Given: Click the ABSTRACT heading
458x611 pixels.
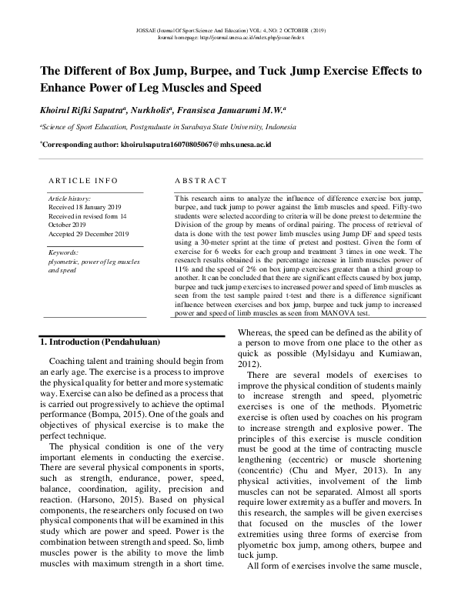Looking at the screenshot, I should click(199, 180).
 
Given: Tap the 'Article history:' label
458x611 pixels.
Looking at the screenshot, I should click(69, 199).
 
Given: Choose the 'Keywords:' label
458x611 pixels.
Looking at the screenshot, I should click(63, 252).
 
